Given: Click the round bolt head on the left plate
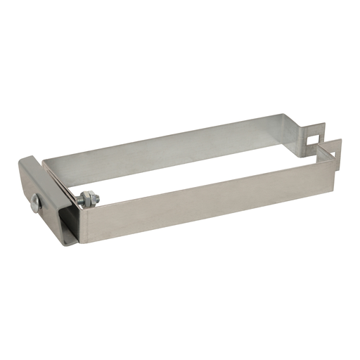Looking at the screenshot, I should pos(36,203).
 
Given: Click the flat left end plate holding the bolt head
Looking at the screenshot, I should pos(32,186).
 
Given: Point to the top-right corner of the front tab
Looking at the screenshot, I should pos(340,140).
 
